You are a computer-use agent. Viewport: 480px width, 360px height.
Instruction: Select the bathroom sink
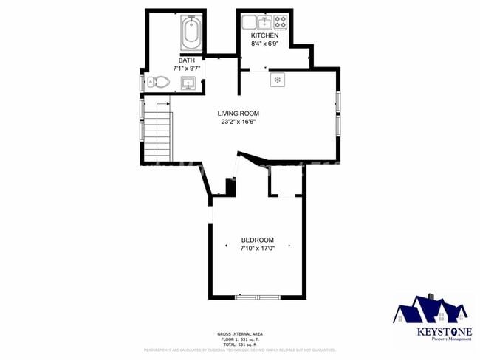click(189, 82)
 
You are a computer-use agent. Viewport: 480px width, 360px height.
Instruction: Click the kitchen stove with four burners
click(281, 21)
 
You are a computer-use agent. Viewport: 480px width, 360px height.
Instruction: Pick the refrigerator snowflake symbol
click(277, 79)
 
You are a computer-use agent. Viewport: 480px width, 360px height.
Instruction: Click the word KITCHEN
click(264, 35)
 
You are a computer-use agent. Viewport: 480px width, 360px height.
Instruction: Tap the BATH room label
click(186, 60)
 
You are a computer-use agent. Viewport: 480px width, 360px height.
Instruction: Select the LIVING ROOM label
click(238, 114)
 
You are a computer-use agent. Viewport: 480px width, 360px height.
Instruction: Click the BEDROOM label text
click(257, 240)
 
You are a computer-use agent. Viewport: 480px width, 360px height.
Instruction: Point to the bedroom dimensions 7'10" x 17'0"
click(257, 249)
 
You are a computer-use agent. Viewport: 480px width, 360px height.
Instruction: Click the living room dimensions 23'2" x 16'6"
click(238, 122)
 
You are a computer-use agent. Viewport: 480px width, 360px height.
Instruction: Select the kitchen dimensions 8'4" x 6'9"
click(264, 44)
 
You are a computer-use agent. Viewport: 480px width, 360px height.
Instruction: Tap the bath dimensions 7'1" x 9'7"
click(186, 69)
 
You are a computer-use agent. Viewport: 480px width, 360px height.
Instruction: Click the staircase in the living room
click(157, 133)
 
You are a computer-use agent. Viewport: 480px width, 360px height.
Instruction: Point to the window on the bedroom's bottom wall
click(257, 297)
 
